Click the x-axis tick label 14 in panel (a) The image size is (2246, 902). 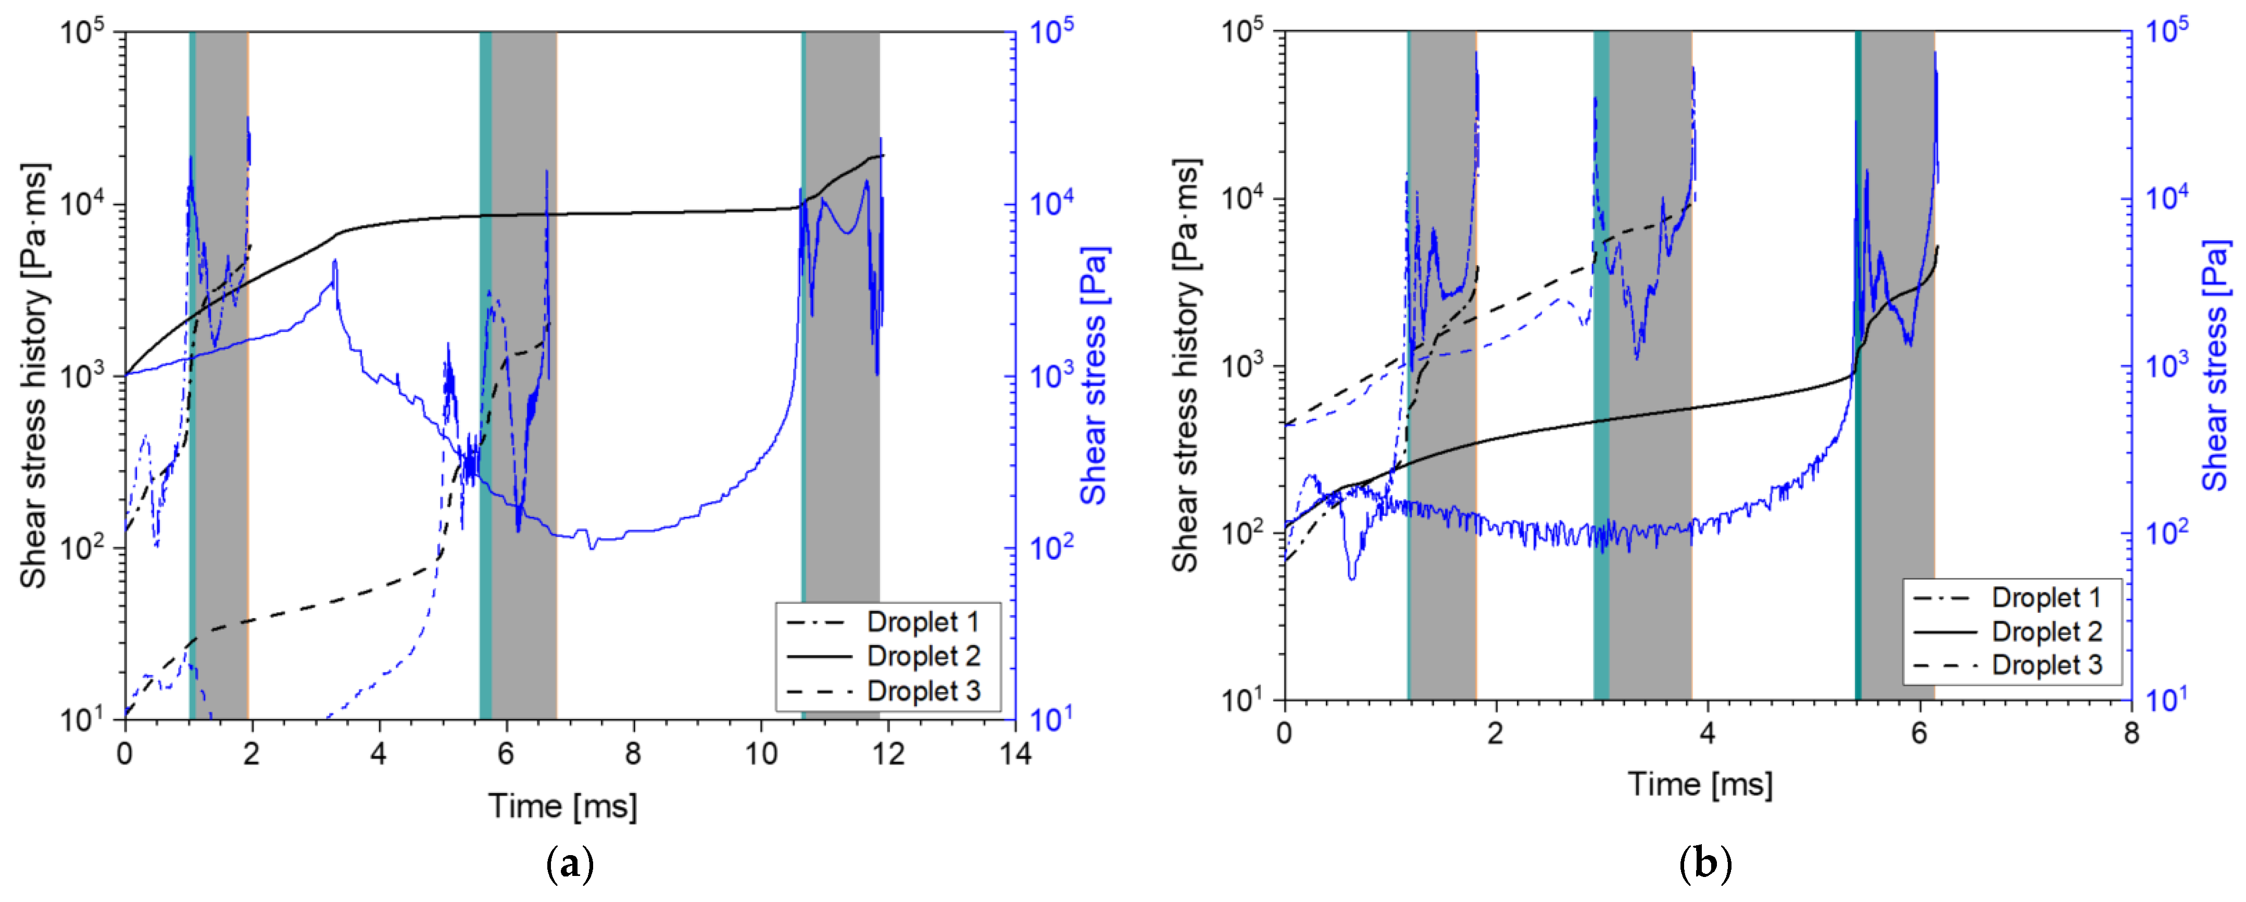[1015, 753]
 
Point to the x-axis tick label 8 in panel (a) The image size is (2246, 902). [633, 753]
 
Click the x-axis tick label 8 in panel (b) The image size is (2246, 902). [2131, 733]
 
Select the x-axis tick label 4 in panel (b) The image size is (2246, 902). [1707, 733]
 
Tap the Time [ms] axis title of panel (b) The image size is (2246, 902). [1700, 784]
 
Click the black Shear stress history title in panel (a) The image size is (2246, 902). [35, 375]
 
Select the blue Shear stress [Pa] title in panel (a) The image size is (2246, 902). [1094, 375]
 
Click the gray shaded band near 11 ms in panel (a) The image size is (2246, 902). [842, 436]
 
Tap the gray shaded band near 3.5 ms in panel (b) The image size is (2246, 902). [1650, 436]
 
